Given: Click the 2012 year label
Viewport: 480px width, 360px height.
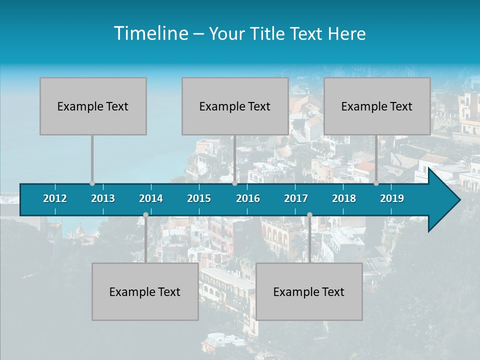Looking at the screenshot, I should tap(55, 198).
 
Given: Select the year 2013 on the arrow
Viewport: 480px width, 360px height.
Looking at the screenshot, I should tap(103, 198).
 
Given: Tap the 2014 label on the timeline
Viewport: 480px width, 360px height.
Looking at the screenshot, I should tap(151, 198).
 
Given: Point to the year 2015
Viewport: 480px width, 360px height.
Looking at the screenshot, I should tap(199, 198).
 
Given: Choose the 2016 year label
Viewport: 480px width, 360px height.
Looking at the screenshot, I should tap(248, 198).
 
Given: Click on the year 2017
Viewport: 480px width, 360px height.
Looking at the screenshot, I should tap(296, 198).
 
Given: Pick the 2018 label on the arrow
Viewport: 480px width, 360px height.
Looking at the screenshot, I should tap(344, 198).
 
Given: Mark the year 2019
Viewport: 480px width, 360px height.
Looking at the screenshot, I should tap(392, 198).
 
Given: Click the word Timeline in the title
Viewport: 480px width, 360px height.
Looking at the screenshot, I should tap(150, 33).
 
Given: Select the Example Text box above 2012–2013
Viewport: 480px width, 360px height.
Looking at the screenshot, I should tap(93, 106).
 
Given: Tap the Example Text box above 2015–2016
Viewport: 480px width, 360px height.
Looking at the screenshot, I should tap(235, 106).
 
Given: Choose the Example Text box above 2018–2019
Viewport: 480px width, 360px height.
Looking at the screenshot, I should tap(377, 106).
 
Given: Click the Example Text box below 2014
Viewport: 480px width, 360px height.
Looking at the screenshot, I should tap(145, 291).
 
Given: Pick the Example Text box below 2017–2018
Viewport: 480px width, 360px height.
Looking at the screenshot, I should tap(309, 291).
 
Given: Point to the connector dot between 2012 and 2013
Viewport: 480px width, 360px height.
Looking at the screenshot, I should tap(92, 183).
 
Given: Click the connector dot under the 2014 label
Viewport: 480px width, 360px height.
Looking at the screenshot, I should tap(145, 215).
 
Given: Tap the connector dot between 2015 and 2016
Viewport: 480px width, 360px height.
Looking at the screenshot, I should tap(234, 183).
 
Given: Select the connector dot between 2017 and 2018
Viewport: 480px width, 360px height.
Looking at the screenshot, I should tap(309, 215).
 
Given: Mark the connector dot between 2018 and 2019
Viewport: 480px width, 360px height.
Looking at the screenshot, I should tap(376, 183).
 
